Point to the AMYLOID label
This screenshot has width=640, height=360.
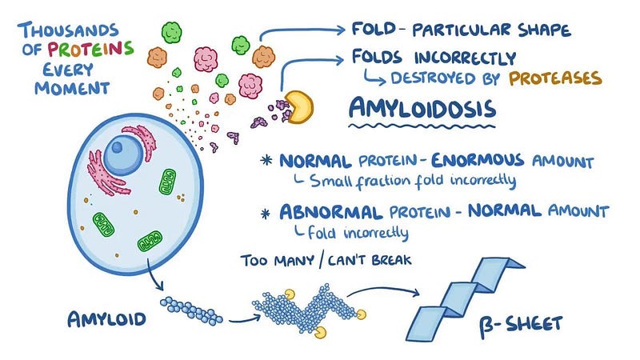point(106,318)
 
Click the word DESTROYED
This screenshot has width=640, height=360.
point(429,79)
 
